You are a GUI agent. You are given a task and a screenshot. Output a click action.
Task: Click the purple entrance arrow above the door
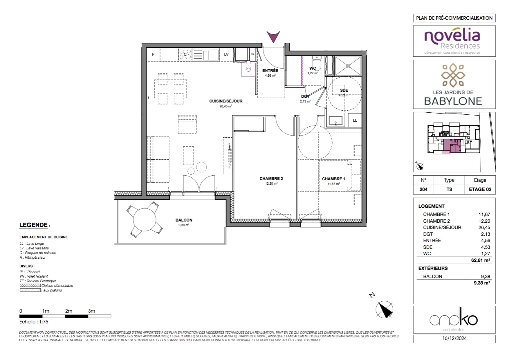[x=273, y=36]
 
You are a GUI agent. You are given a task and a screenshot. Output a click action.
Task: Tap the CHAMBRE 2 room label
[x=271, y=179]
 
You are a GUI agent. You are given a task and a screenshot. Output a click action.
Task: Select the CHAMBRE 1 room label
[x=333, y=179]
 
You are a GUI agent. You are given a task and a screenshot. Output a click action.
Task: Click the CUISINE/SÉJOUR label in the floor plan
[x=226, y=101]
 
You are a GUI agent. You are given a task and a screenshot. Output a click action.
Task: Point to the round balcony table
[x=144, y=220]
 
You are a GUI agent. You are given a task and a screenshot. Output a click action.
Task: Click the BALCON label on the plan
[x=184, y=220]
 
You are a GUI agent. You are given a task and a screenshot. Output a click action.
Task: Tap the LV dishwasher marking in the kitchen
[x=226, y=54]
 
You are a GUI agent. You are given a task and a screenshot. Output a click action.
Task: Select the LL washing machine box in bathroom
[x=355, y=120]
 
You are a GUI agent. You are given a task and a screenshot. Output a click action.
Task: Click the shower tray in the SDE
[x=348, y=66]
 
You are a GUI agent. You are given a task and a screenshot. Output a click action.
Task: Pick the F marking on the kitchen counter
[x=153, y=54]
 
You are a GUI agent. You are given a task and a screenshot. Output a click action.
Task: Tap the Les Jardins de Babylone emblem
[x=453, y=75]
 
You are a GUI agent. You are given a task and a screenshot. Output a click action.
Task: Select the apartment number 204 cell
[x=423, y=189]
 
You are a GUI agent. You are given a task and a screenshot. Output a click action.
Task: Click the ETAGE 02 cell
[x=480, y=189]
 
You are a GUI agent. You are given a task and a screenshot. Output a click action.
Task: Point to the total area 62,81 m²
[x=480, y=260]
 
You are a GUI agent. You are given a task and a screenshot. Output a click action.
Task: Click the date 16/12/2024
[x=454, y=338]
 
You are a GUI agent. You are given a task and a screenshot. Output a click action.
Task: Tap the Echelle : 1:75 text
[x=34, y=322]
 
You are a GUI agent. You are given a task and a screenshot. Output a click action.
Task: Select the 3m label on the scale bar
[x=91, y=311]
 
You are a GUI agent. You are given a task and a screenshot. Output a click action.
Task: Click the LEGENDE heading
[x=34, y=225]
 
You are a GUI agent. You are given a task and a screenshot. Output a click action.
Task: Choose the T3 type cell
[x=449, y=189]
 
